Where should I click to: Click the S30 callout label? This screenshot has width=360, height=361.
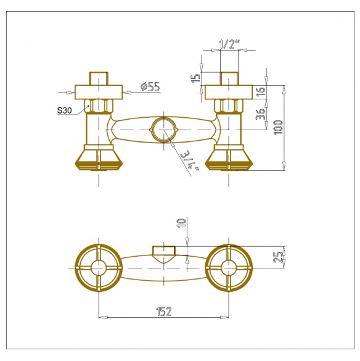pyautogui.click(x=64, y=110)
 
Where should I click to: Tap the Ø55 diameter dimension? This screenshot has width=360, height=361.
pyautogui.click(x=150, y=87)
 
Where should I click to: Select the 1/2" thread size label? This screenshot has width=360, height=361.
pyautogui.click(x=229, y=44)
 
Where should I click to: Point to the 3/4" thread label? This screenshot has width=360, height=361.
pyautogui.click(x=190, y=161)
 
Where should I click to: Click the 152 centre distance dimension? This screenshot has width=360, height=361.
pyautogui.click(x=164, y=311)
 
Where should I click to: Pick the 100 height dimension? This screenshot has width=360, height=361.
pyautogui.click(x=279, y=128)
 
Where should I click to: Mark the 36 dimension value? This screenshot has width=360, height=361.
pyautogui.click(x=260, y=114)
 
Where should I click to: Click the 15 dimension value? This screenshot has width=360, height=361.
pyautogui.click(x=196, y=78)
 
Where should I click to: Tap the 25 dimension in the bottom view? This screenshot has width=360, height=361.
pyautogui.click(x=277, y=257)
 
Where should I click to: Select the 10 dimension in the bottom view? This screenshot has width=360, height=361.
pyautogui.click(x=181, y=223)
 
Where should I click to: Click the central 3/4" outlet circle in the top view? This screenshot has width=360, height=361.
pyautogui.click(x=164, y=130)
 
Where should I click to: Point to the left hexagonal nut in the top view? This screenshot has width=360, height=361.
pyautogui.click(x=99, y=106)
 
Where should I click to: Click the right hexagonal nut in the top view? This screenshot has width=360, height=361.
pyautogui.click(x=229, y=106)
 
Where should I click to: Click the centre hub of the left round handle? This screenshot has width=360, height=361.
pyautogui.click(x=99, y=268)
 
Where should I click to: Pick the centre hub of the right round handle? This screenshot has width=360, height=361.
pyautogui.click(x=229, y=268)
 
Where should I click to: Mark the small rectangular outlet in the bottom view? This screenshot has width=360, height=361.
pyautogui.click(x=164, y=251)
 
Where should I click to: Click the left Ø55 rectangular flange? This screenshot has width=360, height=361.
pyautogui.click(x=99, y=92)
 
